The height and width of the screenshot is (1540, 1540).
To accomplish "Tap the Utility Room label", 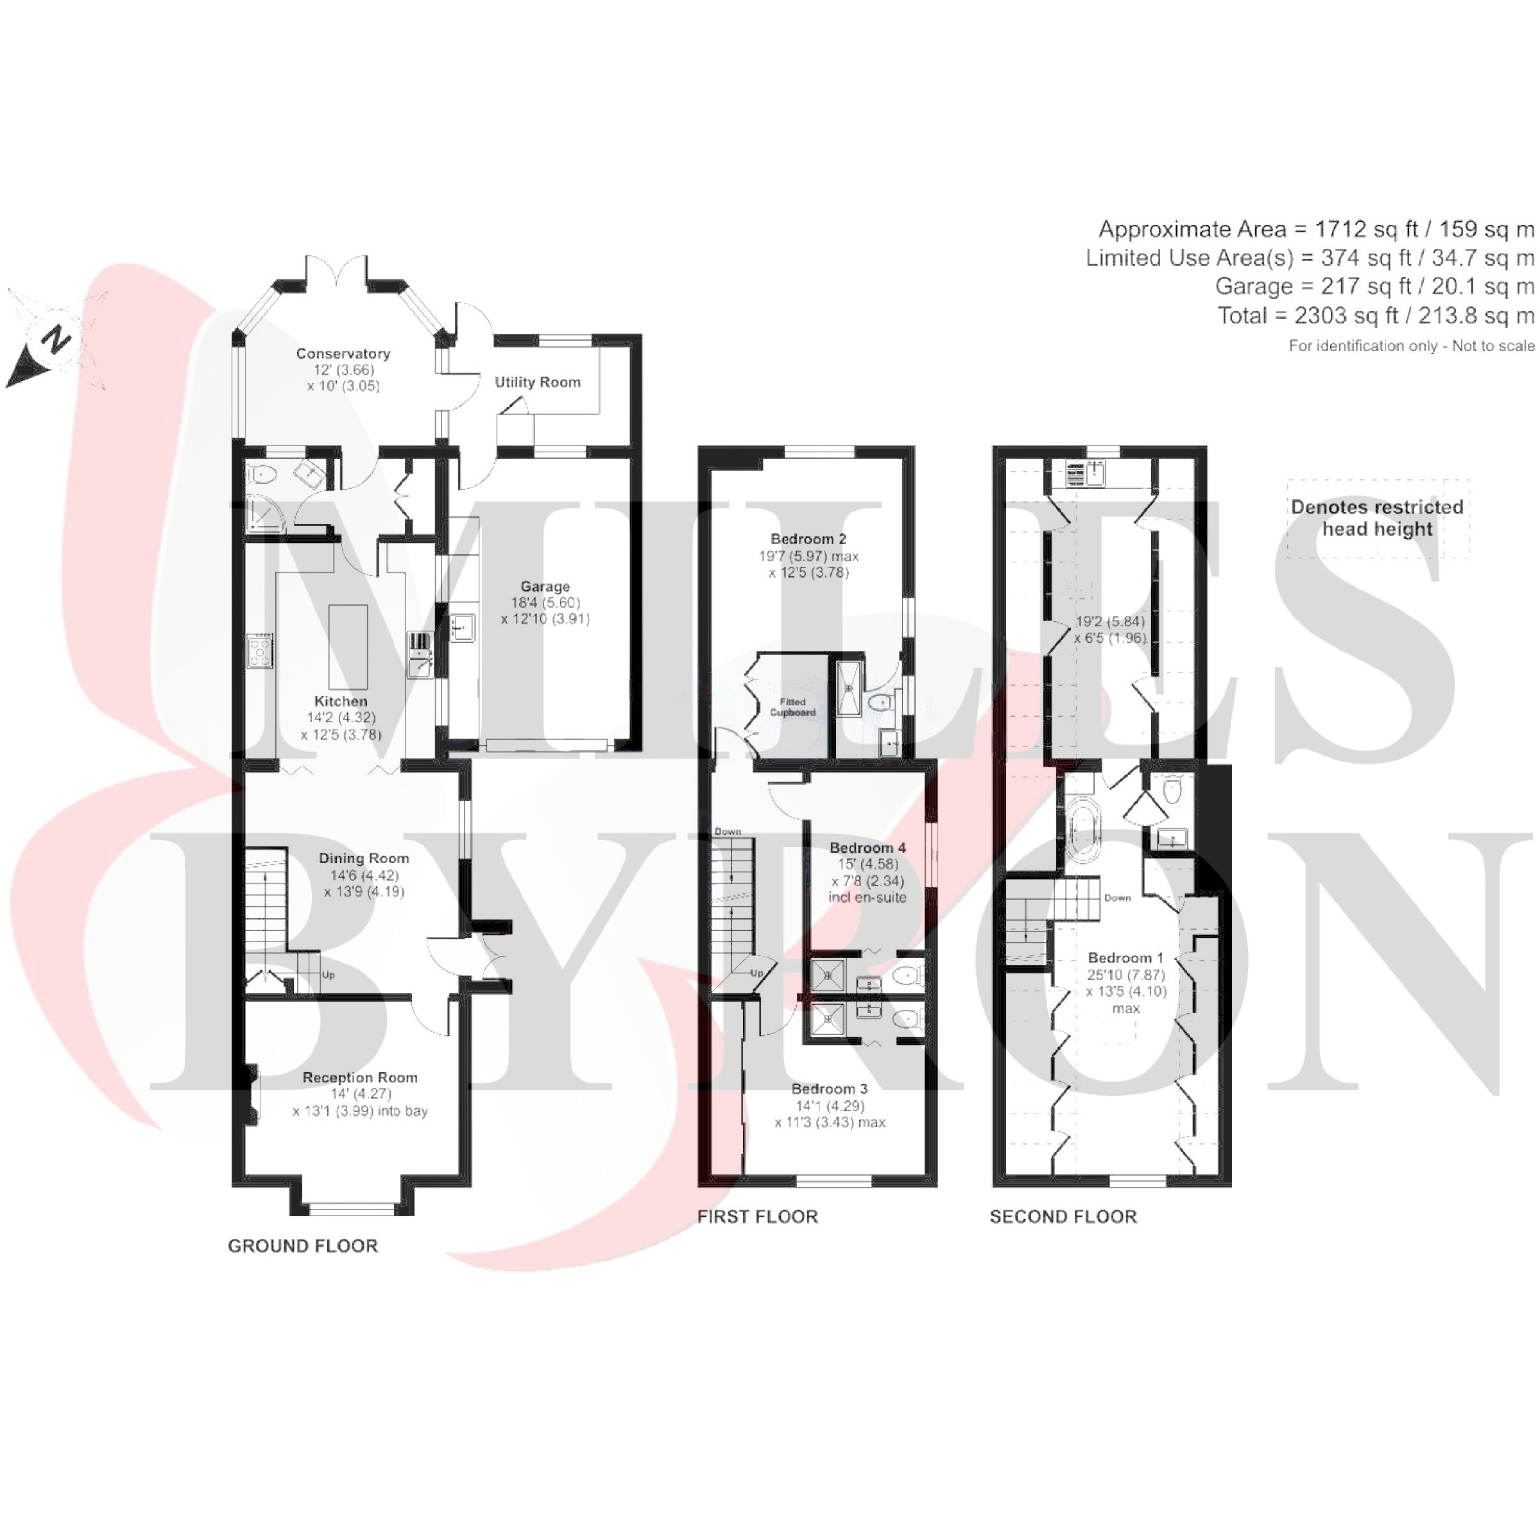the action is pyautogui.click(x=537, y=382).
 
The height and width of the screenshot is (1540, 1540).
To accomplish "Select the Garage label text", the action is pyautogui.click(x=545, y=586).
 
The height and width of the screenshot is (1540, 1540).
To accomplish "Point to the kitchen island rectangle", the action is pyautogui.click(x=348, y=646).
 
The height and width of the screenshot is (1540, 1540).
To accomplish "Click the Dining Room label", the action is pyautogui.click(x=363, y=859).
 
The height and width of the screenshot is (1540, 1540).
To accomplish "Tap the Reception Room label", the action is pyautogui.click(x=360, y=1078).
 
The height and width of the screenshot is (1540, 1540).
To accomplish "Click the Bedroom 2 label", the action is pyautogui.click(x=809, y=539).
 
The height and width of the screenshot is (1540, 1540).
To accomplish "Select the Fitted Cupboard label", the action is pyautogui.click(x=792, y=707).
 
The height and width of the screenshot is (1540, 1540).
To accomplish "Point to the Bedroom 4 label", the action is pyautogui.click(x=868, y=847).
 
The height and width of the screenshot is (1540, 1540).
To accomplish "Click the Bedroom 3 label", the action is pyautogui.click(x=829, y=1089).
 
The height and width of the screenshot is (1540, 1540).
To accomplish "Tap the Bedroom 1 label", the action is pyautogui.click(x=1125, y=958).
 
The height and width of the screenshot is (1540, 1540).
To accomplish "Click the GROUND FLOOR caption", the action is pyautogui.click(x=303, y=1246).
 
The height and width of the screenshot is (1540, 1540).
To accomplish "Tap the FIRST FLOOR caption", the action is pyautogui.click(x=757, y=1217).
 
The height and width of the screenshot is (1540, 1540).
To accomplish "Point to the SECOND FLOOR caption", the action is pyautogui.click(x=1063, y=1217).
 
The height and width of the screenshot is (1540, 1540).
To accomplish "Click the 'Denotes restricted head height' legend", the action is pyautogui.click(x=1378, y=518).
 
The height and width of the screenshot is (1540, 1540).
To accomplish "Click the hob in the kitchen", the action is pyautogui.click(x=260, y=651).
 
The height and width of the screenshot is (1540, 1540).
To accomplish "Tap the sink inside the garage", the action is pyautogui.click(x=461, y=628).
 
